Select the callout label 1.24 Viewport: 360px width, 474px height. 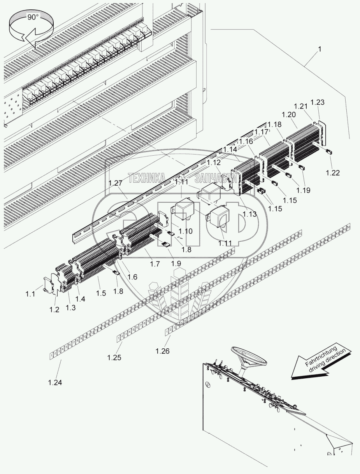click(55, 383)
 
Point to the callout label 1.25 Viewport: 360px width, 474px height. click(114, 357)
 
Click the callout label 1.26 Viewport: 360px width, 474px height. click(163, 351)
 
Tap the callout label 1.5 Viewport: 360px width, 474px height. click(101, 293)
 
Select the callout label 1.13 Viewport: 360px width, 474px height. click(249, 214)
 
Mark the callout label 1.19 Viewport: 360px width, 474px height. click(303, 190)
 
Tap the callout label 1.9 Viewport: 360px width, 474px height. click(176, 263)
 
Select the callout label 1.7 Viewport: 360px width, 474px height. click(155, 264)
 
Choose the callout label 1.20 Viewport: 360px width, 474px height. click(288, 115)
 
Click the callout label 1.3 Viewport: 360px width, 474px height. click(71, 307)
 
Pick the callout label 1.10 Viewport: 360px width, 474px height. click(185, 231)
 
